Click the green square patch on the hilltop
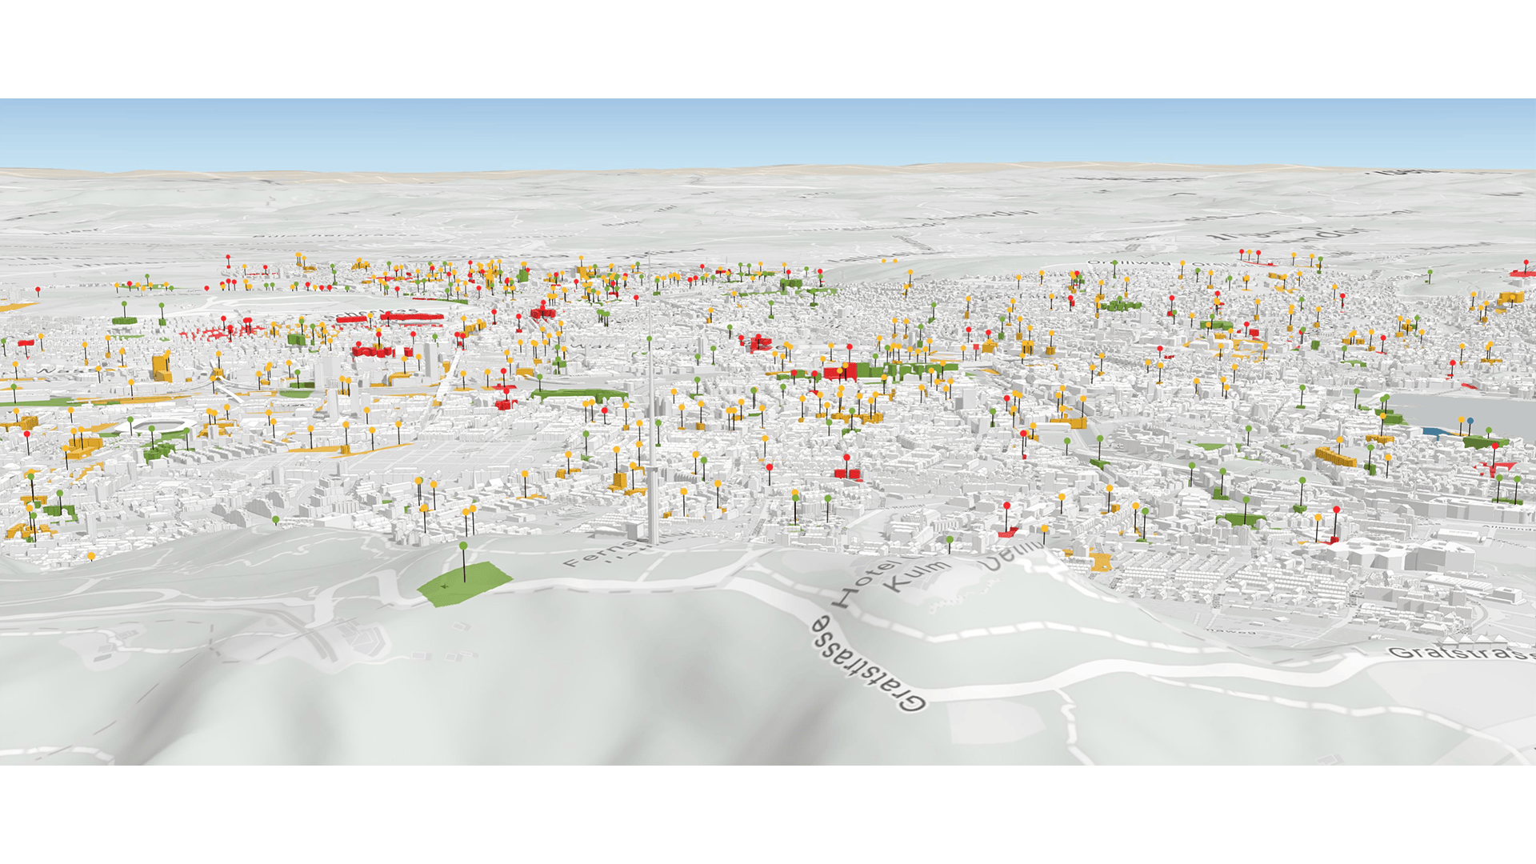point(464,583)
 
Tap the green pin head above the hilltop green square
point(463,546)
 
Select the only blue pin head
point(1470,421)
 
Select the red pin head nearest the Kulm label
point(1006,506)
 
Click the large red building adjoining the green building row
point(840,372)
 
